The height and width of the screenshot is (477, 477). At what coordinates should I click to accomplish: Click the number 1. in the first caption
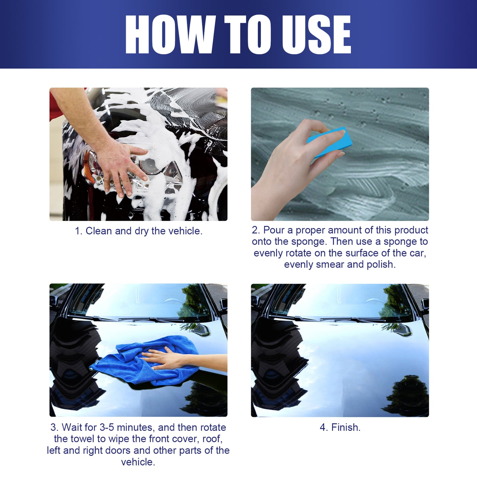79,231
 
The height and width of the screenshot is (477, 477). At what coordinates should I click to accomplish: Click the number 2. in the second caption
256,230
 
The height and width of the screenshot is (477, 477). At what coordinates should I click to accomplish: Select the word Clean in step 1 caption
99,231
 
